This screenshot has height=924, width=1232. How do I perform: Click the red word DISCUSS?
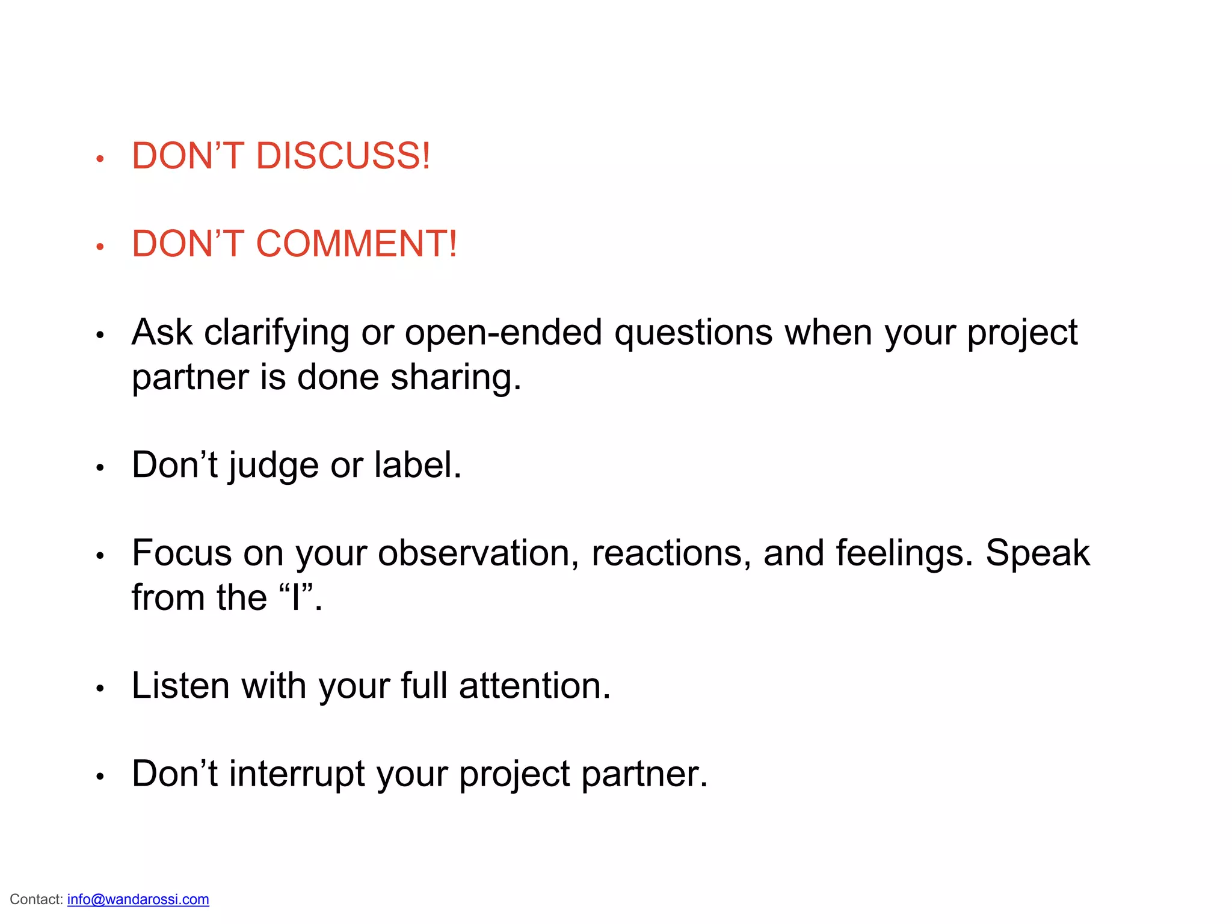tap(343, 156)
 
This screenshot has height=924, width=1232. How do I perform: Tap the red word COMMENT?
tap(356, 244)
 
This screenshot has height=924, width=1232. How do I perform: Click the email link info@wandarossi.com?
tap(138, 899)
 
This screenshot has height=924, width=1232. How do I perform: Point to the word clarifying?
tap(277, 333)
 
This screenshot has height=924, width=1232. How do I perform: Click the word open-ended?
tap(504, 333)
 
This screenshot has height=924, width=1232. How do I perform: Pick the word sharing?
tap(455, 378)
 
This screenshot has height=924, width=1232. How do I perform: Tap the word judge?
tap(274, 466)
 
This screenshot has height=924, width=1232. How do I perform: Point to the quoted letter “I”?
tap(296, 597)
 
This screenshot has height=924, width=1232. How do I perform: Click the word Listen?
tap(180, 686)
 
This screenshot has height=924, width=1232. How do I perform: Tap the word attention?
tap(535, 686)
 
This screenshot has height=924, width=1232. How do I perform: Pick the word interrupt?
tap(297, 774)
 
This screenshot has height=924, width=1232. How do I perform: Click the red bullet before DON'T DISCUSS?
tap(100, 159)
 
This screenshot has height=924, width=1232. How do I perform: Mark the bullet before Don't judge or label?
tap(100, 468)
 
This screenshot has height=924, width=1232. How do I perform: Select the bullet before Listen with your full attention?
tap(100, 689)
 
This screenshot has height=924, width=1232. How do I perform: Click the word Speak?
tap(1037, 554)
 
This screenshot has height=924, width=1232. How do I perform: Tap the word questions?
tap(693, 333)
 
